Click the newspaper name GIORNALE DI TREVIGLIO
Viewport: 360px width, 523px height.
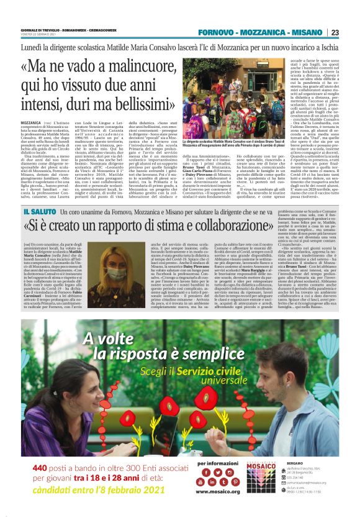click(x=38, y=29)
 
